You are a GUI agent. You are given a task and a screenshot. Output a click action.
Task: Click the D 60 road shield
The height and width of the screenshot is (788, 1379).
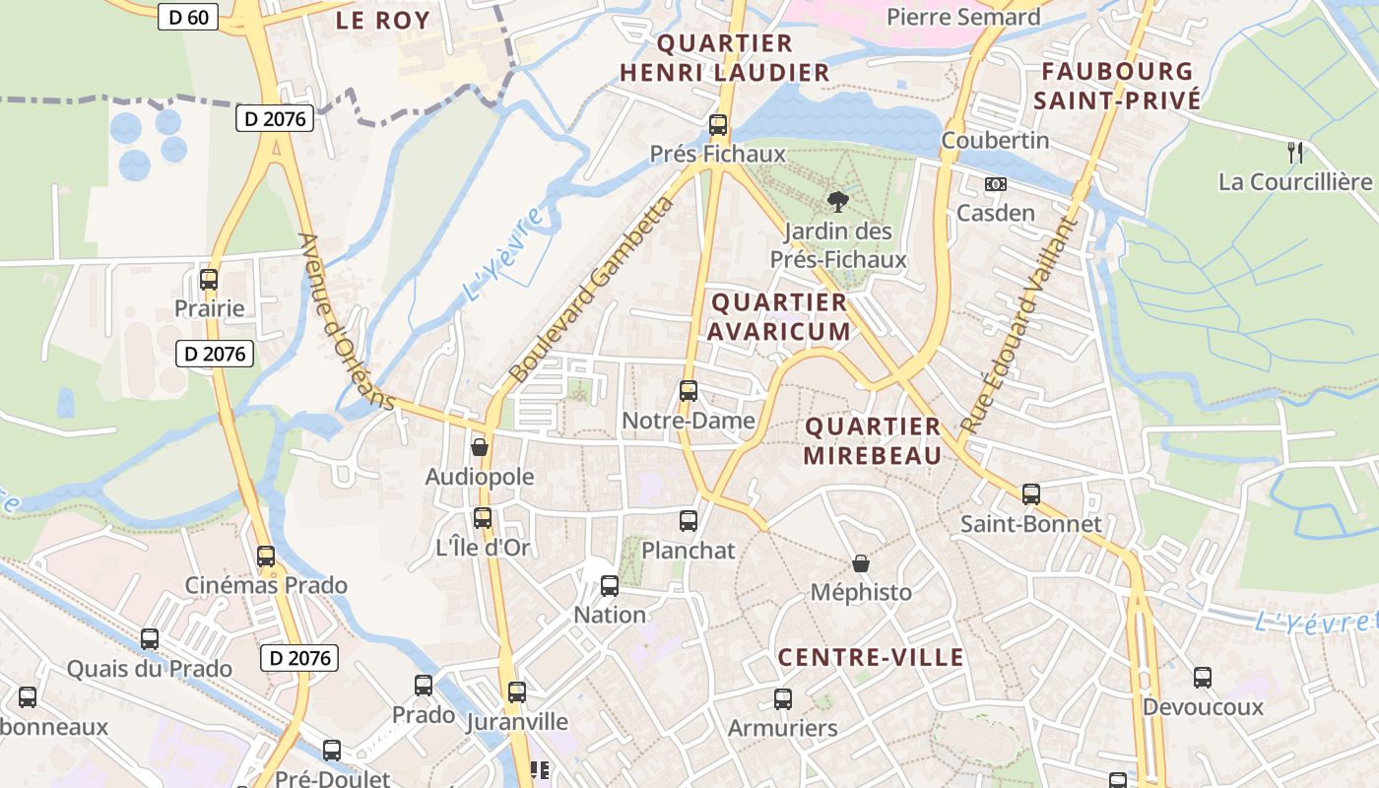(x=187, y=17)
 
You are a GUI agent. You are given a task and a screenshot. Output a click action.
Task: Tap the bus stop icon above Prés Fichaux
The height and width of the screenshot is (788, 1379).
(x=718, y=125)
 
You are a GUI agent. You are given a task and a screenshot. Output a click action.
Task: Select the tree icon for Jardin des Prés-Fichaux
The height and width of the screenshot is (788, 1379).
(x=837, y=202)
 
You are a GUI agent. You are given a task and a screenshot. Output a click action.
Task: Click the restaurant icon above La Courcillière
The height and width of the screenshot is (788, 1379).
(x=1295, y=153)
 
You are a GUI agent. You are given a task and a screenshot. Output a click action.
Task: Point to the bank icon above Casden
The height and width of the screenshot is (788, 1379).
(x=996, y=184)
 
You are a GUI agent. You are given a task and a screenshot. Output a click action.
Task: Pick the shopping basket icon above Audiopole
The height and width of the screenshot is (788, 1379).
(x=480, y=447)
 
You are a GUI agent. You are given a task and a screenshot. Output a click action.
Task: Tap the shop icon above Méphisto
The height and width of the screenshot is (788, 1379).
(x=861, y=563)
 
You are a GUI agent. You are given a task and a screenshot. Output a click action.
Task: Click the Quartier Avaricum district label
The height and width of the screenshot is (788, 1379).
(x=778, y=316)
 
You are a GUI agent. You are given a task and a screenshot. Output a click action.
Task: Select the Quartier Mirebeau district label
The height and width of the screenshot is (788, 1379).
(x=873, y=440)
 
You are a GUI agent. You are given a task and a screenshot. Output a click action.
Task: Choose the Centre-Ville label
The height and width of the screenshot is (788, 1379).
(x=871, y=657)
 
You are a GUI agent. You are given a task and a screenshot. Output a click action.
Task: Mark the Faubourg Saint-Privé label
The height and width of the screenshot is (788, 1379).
(x=1117, y=86)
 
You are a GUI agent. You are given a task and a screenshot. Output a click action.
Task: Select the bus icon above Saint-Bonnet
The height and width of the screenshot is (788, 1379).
(x=1031, y=494)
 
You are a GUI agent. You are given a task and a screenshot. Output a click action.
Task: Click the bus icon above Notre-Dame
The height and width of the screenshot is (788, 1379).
(x=689, y=391)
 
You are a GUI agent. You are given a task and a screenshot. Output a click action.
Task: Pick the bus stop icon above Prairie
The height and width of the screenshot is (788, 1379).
(x=209, y=279)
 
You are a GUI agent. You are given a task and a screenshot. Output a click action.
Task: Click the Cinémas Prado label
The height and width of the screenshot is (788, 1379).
(x=266, y=585)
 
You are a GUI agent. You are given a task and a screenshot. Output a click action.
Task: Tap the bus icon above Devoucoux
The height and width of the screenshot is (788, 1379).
(x=1203, y=678)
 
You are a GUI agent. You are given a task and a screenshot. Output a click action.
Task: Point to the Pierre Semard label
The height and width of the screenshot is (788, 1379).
(x=963, y=17)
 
